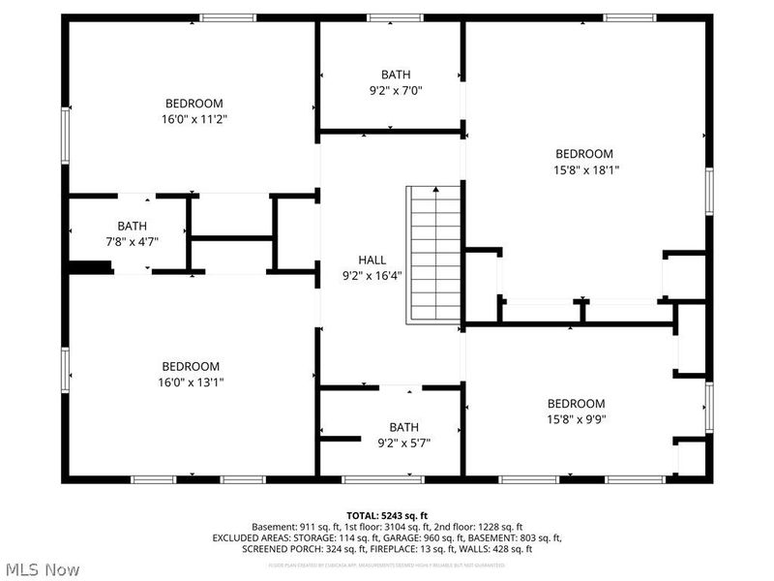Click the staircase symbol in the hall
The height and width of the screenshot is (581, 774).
click(432, 254)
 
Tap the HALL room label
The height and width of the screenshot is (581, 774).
click(372, 260)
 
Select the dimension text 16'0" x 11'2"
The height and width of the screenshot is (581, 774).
click(194, 119)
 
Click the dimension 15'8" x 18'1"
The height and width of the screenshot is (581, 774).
click(583, 169)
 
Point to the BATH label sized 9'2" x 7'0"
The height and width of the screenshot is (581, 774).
click(396, 74)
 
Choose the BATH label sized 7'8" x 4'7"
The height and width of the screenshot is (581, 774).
click(133, 226)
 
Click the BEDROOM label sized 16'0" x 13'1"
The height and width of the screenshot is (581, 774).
click(191, 366)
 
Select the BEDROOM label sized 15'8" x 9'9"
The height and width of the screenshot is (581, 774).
click(576, 404)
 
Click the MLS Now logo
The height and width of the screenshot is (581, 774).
click(42, 569)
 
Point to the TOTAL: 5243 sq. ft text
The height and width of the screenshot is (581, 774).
click(387, 514)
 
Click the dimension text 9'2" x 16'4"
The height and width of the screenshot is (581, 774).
click(372, 275)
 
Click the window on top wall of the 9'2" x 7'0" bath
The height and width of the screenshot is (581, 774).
click(395, 17)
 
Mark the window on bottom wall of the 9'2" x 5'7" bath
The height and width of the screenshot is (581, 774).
click(383, 478)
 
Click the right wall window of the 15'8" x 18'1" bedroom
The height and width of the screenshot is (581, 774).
click(709, 191)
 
